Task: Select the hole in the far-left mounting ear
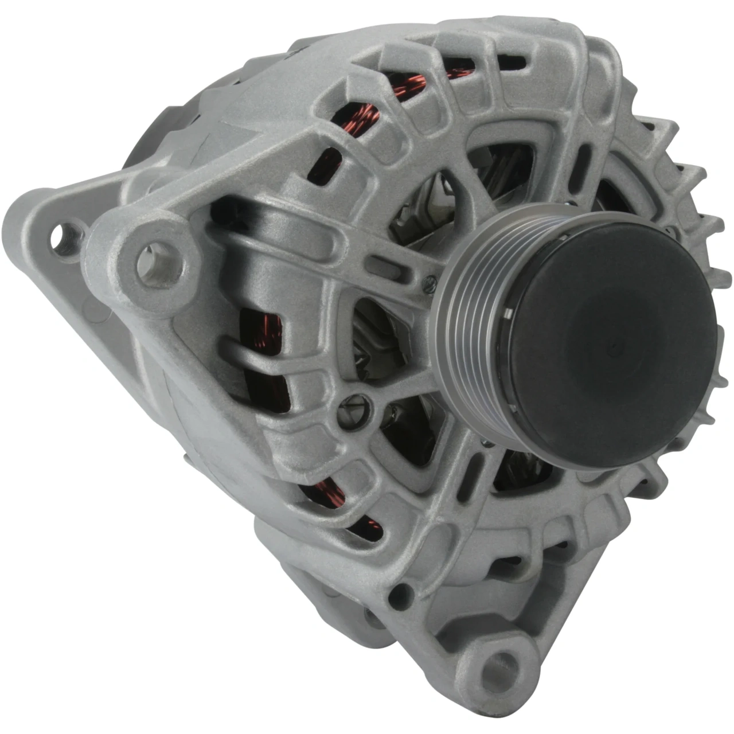62,239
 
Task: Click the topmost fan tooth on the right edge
659,129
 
